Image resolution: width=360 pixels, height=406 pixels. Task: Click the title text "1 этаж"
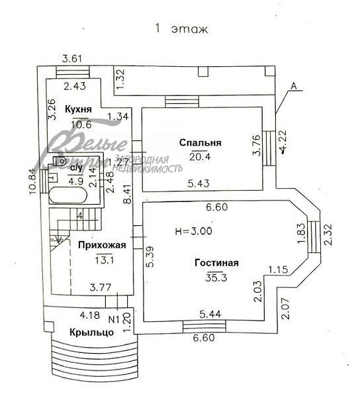(181, 28)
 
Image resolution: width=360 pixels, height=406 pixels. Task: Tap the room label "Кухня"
(78, 109)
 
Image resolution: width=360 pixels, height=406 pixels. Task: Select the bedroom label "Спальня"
(200, 142)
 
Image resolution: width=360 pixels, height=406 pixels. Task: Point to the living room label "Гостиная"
(216, 263)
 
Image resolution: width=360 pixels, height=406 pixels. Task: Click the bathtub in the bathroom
(66, 196)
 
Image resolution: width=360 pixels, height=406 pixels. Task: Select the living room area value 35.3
(218, 278)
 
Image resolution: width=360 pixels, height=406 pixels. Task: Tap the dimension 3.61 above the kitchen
(71, 59)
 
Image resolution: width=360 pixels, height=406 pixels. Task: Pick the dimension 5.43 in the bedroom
(199, 183)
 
